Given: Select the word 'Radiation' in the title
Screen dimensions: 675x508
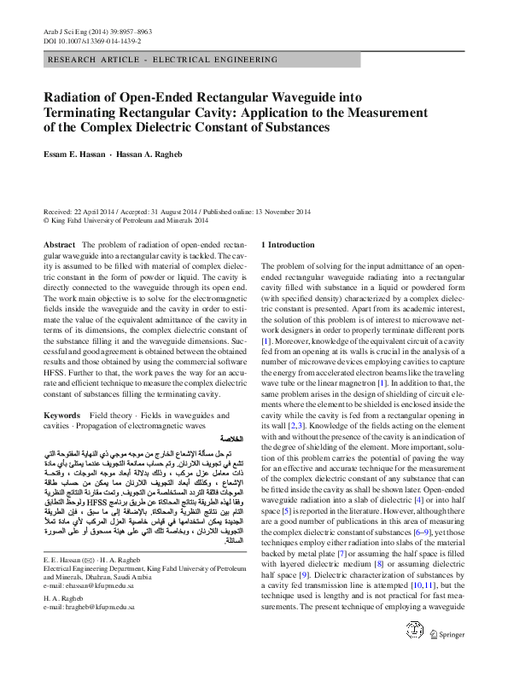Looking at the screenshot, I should (74, 97).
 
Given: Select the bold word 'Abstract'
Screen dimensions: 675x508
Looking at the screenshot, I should (59, 244).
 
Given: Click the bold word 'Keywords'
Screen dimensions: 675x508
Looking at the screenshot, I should (61, 414).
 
